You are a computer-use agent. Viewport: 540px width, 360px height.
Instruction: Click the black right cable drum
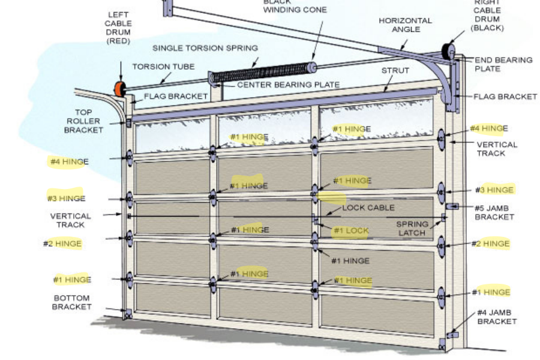pos(448,52)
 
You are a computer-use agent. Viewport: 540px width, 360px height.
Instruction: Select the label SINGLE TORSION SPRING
pos(205,48)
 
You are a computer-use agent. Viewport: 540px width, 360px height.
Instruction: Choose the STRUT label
pos(395,70)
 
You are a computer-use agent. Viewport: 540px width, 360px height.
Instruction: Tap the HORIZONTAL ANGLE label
pos(405,25)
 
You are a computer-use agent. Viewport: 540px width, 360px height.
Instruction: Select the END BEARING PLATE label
pos(503,64)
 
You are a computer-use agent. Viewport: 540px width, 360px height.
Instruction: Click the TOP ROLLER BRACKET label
pos(83,121)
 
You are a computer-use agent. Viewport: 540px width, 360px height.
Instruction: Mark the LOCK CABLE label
pos(368,208)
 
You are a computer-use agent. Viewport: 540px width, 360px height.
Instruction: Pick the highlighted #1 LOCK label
pos(351,230)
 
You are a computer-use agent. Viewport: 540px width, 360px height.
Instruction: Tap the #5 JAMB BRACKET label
pos(494,212)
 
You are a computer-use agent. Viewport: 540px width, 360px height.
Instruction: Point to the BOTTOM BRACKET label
pos(71,302)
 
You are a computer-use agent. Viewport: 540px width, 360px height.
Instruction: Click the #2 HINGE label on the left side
pos(62,244)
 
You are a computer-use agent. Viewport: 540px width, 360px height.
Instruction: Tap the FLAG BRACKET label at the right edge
pos(505,97)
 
